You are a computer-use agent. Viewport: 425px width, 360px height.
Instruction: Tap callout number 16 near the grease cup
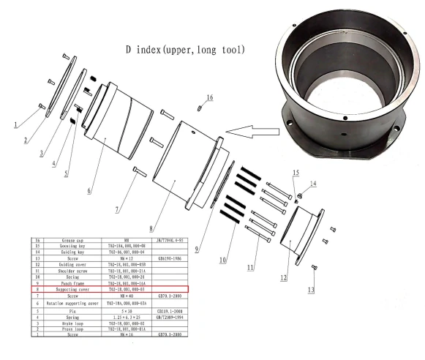209,97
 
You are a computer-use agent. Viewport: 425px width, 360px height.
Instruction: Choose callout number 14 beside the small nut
315,183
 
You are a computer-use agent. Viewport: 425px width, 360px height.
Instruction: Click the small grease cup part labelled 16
199,108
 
